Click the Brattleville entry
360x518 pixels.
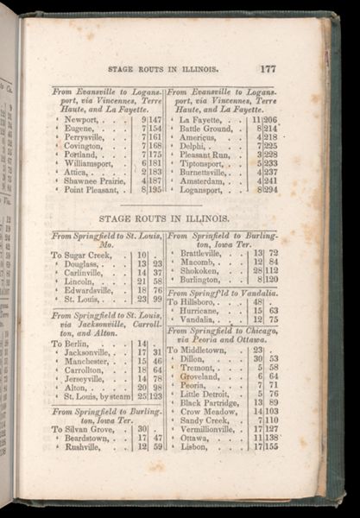click(201, 254)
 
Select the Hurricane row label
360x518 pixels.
click(199, 311)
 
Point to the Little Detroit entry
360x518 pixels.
click(205, 394)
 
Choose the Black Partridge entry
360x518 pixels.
click(208, 402)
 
